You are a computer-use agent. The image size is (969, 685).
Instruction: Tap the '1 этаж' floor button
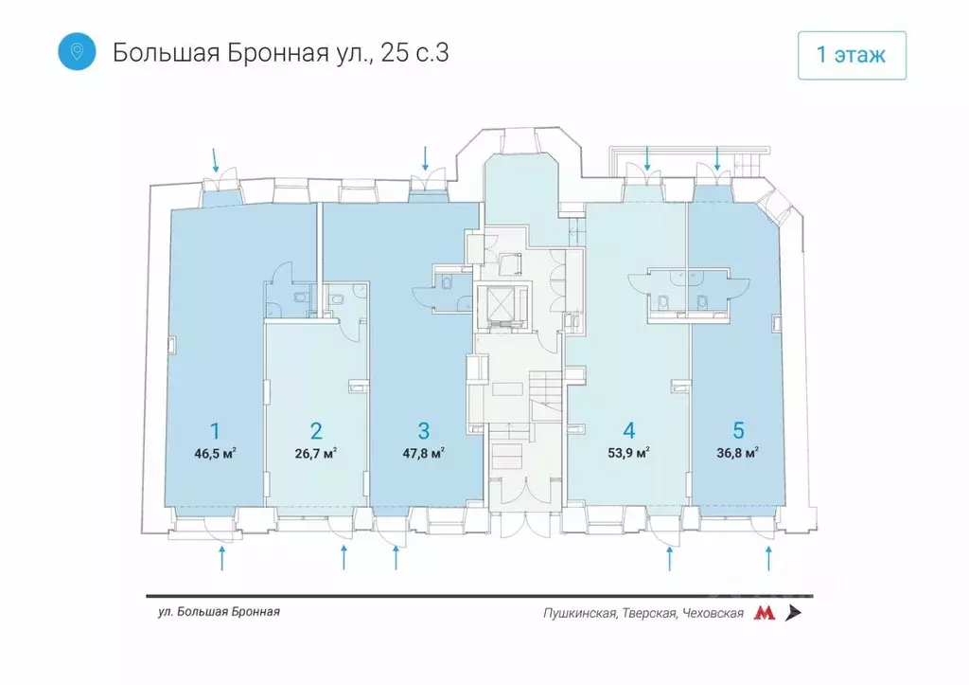pyautogui.click(x=851, y=55)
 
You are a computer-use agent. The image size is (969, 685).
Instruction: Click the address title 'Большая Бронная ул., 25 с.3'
pyautogui.click(x=280, y=52)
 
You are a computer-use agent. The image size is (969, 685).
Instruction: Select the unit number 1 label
pyautogui.click(x=215, y=431)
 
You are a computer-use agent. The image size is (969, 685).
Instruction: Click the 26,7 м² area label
pyautogui.click(x=315, y=453)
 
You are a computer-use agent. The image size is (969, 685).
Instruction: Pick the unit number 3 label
pyautogui.click(x=423, y=431)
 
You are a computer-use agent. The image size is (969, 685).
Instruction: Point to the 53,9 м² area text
pyautogui.click(x=628, y=453)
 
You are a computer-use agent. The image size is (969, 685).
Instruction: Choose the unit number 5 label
pyautogui.click(x=737, y=431)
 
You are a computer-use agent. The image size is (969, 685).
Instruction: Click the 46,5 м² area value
pyautogui.click(x=215, y=453)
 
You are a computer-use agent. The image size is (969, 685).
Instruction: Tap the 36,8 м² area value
pyautogui.click(x=737, y=453)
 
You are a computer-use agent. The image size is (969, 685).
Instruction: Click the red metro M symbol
pyautogui.click(x=764, y=613)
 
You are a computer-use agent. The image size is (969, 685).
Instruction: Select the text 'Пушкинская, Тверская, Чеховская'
pyautogui.click(x=643, y=613)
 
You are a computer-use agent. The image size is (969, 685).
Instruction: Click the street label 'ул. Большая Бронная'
pyautogui.click(x=220, y=612)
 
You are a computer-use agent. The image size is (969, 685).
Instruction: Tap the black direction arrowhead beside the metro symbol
pyautogui.click(x=793, y=613)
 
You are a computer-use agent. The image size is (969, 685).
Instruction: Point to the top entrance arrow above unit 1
pyautogui.click(x=217, y=157)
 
